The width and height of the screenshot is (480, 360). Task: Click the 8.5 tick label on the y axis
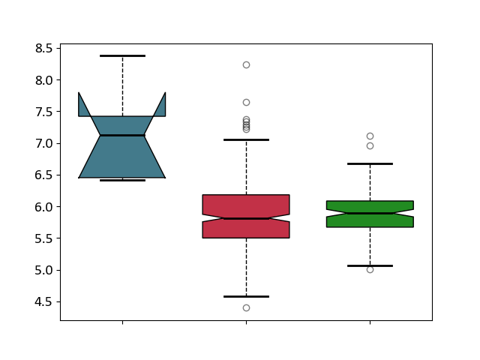43,48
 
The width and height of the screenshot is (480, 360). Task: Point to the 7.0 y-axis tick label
43,143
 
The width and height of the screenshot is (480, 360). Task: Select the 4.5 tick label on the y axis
43,301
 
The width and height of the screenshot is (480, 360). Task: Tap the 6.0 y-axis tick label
43,207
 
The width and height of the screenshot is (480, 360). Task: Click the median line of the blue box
122,135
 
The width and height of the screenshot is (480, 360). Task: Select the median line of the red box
247,218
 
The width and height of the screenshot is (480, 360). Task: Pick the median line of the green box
370,213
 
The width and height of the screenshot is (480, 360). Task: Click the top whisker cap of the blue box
122,55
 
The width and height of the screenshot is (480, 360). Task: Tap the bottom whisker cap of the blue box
122,180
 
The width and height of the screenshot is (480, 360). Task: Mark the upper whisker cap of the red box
247,140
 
